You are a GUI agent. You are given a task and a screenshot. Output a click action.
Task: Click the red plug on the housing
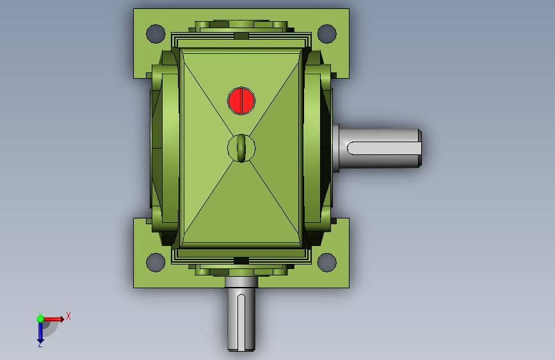241,101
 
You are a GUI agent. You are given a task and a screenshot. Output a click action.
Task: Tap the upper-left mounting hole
156,34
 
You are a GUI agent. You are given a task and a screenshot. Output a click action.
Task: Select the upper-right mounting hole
327,34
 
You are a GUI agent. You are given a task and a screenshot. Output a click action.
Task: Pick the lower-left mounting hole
156,263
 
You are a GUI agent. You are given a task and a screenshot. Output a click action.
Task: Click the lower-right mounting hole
327,263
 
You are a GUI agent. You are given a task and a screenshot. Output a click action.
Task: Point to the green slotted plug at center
241,148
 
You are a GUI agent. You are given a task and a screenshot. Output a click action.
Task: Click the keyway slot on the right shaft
384,148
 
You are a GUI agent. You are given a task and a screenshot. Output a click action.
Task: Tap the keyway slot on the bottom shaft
241,322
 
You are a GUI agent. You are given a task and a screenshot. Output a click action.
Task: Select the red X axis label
68,316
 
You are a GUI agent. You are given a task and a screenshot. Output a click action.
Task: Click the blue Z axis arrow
40,332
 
